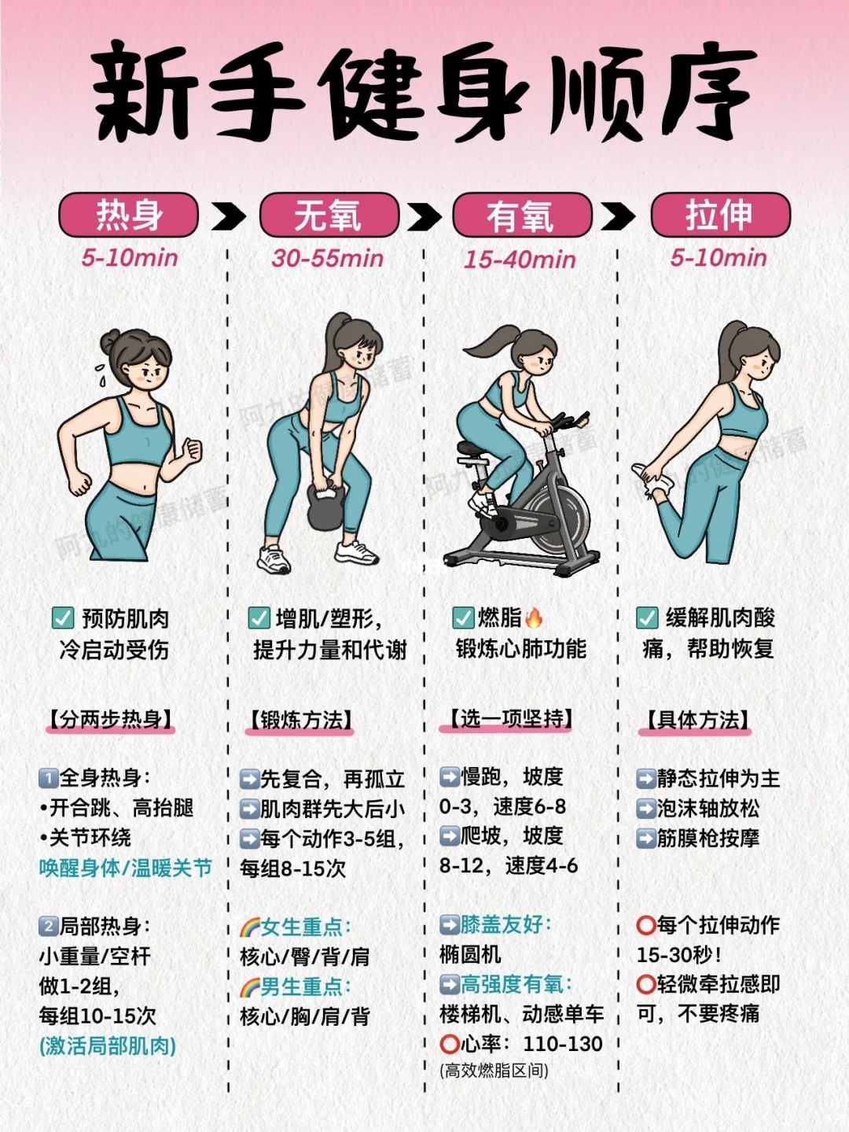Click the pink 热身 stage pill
[128, 215]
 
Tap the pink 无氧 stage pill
[329, 215]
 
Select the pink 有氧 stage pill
[522, 215]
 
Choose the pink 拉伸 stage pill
[720, 215]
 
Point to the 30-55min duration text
[328, 258]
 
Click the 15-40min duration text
[520, 260]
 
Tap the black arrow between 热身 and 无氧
[229, 216]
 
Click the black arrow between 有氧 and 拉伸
[618, 216]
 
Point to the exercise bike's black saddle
[472, 450]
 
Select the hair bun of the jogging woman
[111, 341]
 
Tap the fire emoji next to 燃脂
[535, 618]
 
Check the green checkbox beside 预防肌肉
[63, 618]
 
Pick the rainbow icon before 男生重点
[250, 987]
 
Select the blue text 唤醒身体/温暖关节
[126, 868]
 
